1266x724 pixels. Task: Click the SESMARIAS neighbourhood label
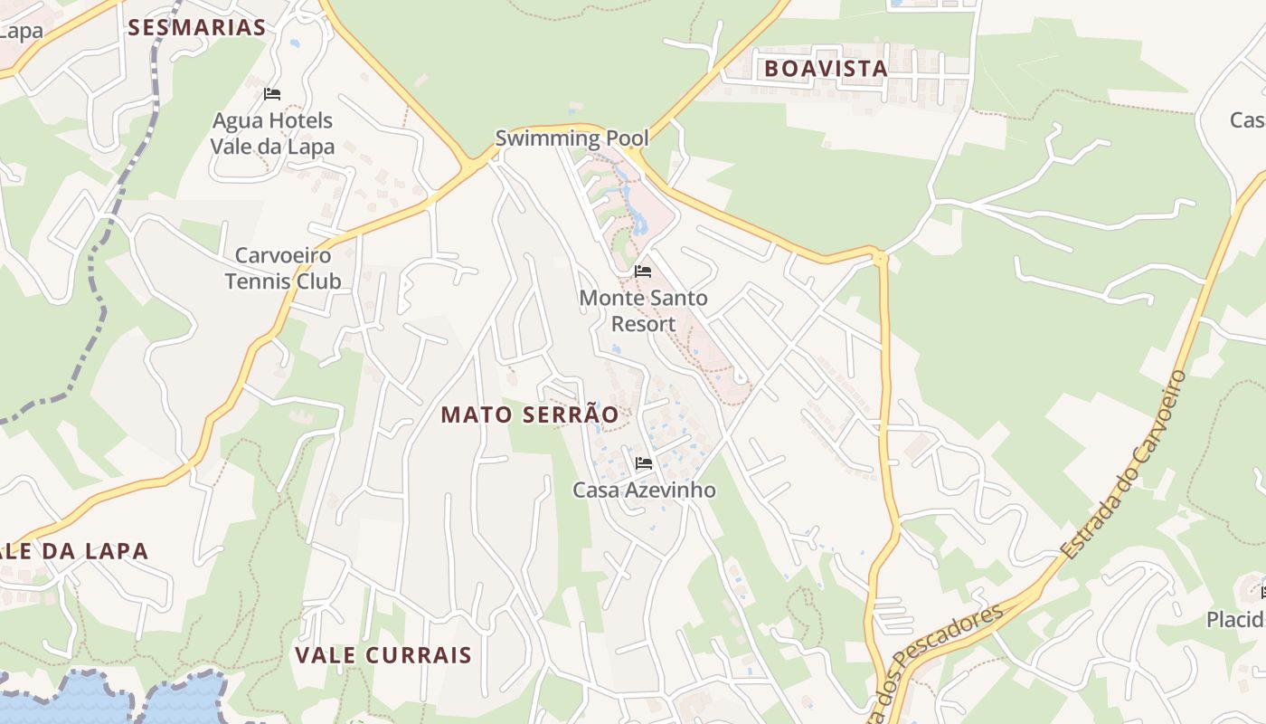[x=197, y=27]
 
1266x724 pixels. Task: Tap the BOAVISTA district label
[x=826, y=68]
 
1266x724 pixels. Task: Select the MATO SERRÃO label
[x=530, y=414]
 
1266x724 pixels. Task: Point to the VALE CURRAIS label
[x=383, y=654]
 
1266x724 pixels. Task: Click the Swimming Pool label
[x=572, y=138]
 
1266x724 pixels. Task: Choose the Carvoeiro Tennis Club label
[x=283, y=268]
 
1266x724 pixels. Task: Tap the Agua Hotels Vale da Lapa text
[x=272, y=133]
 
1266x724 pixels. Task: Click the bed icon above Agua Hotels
[x=272, y=94]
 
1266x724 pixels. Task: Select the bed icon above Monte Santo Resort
[x=643, y=271]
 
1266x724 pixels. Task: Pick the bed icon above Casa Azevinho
[x=644, y=464]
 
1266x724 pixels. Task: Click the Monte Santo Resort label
[x=643, y=310]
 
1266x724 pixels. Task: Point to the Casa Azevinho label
[x=644, y=490]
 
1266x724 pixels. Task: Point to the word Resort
[x=643, y=323]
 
